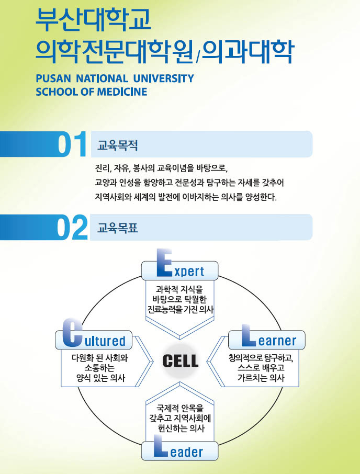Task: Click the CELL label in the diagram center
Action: click(180, 360)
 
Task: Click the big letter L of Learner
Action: click(249, 336)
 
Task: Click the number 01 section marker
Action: click(72, 145)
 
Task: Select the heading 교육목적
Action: click(118, 145)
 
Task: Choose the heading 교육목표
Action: click(118, 228)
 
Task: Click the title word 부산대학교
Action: click(93, 19)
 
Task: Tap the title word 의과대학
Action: click(248, 51)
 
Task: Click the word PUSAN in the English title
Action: click(53, 79)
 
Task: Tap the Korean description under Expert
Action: click(180, 299)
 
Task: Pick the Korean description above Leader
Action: click(180, 418)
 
